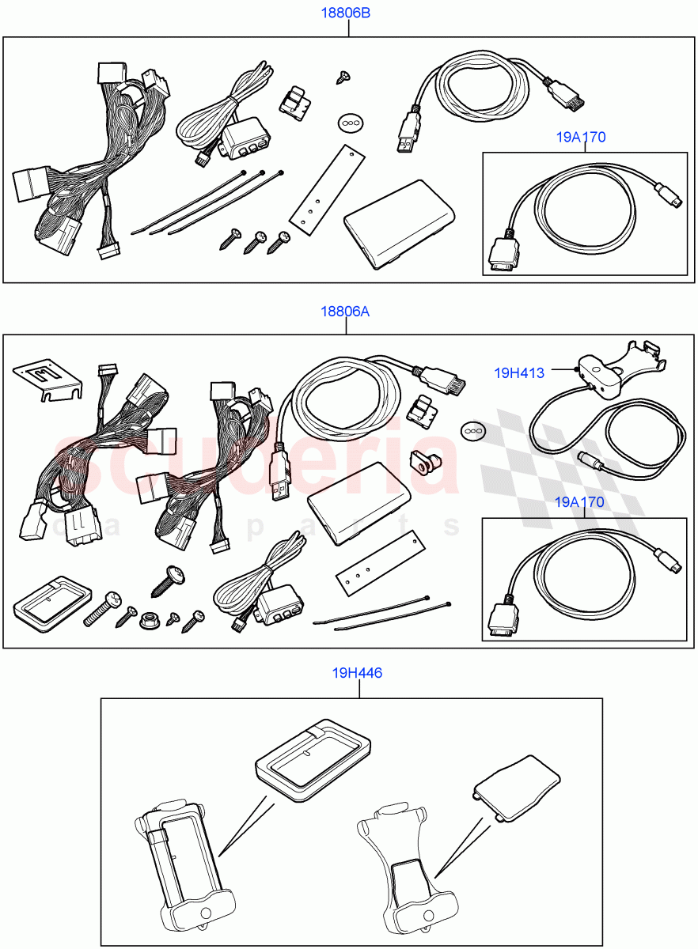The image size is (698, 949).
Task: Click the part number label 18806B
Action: click(x=345, y=13)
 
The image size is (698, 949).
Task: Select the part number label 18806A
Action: click(x=344, y=311)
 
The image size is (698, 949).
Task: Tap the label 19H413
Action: click(x=519, y=372)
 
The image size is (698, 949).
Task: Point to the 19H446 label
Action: click(x=357, y=673)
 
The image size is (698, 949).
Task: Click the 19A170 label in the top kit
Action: click(x=580, y=137)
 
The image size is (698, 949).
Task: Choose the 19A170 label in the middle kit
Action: click(x=579, y=501)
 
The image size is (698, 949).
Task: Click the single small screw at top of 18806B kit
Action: click(x=343, y=76)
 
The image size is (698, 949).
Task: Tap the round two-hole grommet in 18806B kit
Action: click(x=350, y=122)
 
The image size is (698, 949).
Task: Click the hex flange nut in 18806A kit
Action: click(x=148, y=621)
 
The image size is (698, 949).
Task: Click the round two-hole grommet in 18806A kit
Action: click(x=472, y=429)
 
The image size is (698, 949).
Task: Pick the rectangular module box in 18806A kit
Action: click(x=361, y=502)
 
